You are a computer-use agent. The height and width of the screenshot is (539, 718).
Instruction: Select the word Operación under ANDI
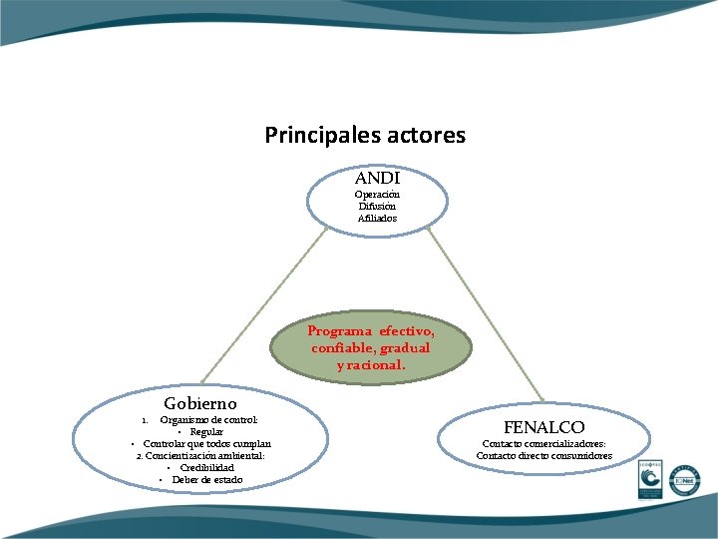(x=378, y=194)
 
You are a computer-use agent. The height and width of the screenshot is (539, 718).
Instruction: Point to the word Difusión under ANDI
(x=378, y=206)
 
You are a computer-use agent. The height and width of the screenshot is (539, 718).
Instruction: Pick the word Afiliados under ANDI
(x=378, y=218)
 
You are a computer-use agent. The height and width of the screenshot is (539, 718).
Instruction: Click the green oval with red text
(x=371, y=347)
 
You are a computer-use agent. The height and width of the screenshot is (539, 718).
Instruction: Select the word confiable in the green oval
(x=344, y=348)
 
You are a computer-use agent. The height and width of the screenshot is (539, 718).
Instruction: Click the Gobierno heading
(x=200, y=403)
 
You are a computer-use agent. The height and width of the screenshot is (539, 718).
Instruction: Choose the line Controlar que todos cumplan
(x=206, y=443)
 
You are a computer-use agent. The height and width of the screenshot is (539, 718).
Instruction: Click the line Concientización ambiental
(x=200, y=455)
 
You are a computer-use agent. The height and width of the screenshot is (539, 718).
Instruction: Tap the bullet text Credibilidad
(x=206, y=467)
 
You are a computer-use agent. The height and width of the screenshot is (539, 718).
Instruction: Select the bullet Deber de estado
(x=206, y=480)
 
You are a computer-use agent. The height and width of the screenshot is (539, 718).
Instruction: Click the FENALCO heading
(x=543, y=427)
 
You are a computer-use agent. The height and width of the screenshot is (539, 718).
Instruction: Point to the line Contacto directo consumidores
(x=543, y=456)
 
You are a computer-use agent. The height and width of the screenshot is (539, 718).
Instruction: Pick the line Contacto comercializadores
(x=543, y=444)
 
